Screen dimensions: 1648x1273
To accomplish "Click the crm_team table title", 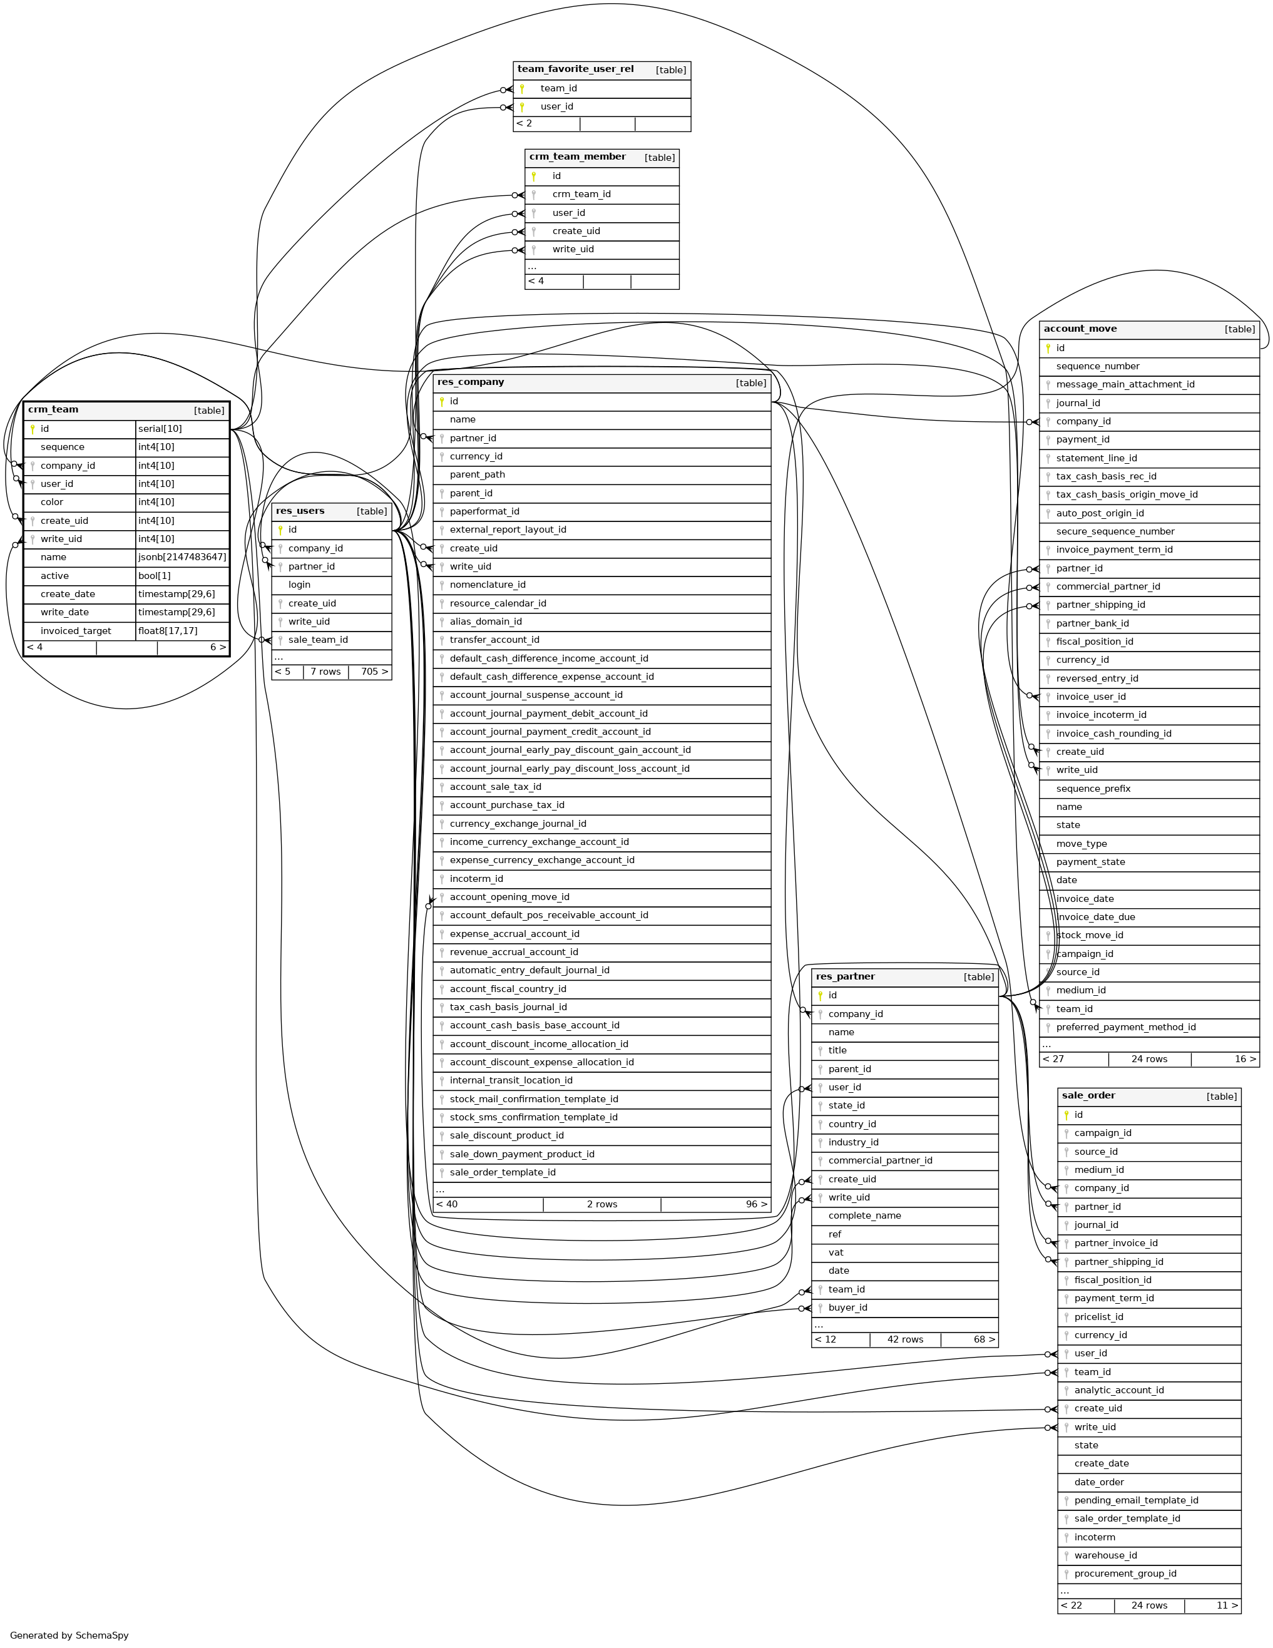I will (x=54, y=410).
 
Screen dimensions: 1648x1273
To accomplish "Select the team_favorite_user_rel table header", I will (x=576, y=69).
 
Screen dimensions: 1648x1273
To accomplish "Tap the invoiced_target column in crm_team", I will (x=76, y=631).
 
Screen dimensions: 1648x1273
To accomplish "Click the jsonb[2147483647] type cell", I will (x=182, y=557).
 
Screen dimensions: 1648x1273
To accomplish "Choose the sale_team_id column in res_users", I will (x=318, y=640).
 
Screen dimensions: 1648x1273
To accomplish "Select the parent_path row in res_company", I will (x=477, y=474).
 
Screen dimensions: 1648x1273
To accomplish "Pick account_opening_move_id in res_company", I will (x=509, y=897).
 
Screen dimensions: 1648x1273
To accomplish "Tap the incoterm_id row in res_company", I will (x=476, y=879).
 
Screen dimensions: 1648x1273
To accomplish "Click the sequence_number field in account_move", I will (x=1097, y=366).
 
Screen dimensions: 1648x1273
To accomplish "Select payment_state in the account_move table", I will (x=1090, y=862).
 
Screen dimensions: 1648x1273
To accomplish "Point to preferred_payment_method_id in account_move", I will (x=1126, y=1027).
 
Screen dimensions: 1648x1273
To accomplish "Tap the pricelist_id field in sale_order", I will (x=1098, y=1317).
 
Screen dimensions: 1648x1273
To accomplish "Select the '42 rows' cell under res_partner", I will (x=905, y=1339).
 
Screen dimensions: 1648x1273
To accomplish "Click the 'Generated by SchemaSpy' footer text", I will (x=69, y=1635).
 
